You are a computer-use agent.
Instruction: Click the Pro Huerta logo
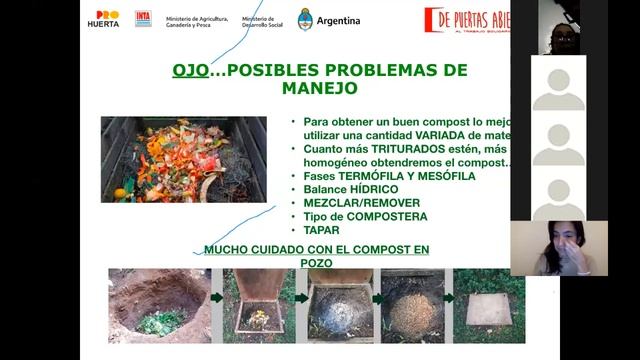[103, 19]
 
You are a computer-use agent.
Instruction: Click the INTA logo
[143, 19]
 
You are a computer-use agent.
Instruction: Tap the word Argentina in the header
[338, 21]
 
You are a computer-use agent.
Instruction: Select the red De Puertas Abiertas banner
[466, 20]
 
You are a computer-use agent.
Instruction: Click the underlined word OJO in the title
[188, 71]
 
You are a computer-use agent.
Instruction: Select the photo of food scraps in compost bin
[183, 159]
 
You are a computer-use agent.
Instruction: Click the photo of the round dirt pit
[159, 305]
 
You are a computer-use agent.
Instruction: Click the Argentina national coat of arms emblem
[306, 19]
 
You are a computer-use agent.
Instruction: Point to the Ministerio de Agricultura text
[197, 20]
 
